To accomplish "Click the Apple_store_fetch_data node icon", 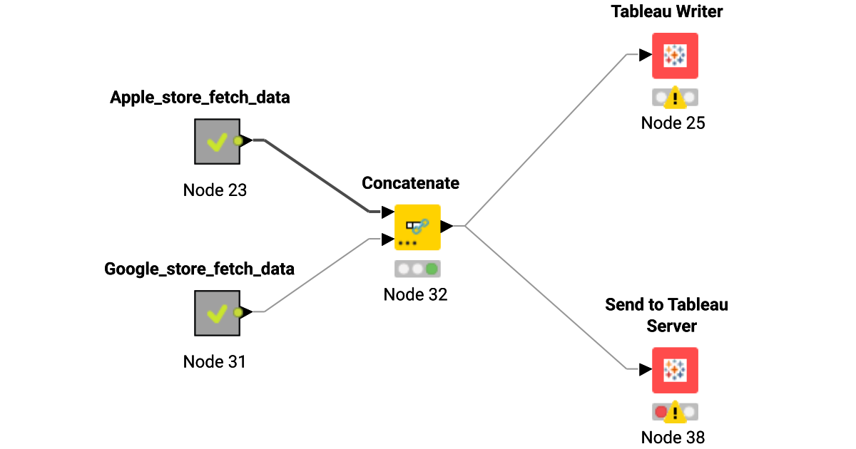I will point(216,141).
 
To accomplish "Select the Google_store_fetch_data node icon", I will point(216,312).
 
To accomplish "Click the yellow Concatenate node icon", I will point(417,227).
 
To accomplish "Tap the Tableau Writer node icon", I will point(675,56).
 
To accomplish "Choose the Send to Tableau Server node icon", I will point(675,370).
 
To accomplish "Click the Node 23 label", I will point(215,190).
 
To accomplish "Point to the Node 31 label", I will point(215,361).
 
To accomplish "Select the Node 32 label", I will point(415,294).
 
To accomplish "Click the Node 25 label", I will point(673,123).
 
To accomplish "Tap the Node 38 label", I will point(673,437).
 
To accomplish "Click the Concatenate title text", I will point(410,183).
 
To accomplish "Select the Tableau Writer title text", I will point(667,11).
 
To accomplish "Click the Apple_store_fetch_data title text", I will point(200,98).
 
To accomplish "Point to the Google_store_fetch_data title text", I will point(199,269).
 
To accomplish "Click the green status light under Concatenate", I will point(432,269).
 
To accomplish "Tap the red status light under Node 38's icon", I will point(661,412).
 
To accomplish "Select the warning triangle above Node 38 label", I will point(675,412).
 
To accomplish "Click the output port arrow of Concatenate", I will point(447,227).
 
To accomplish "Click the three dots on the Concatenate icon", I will point(407,243).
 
